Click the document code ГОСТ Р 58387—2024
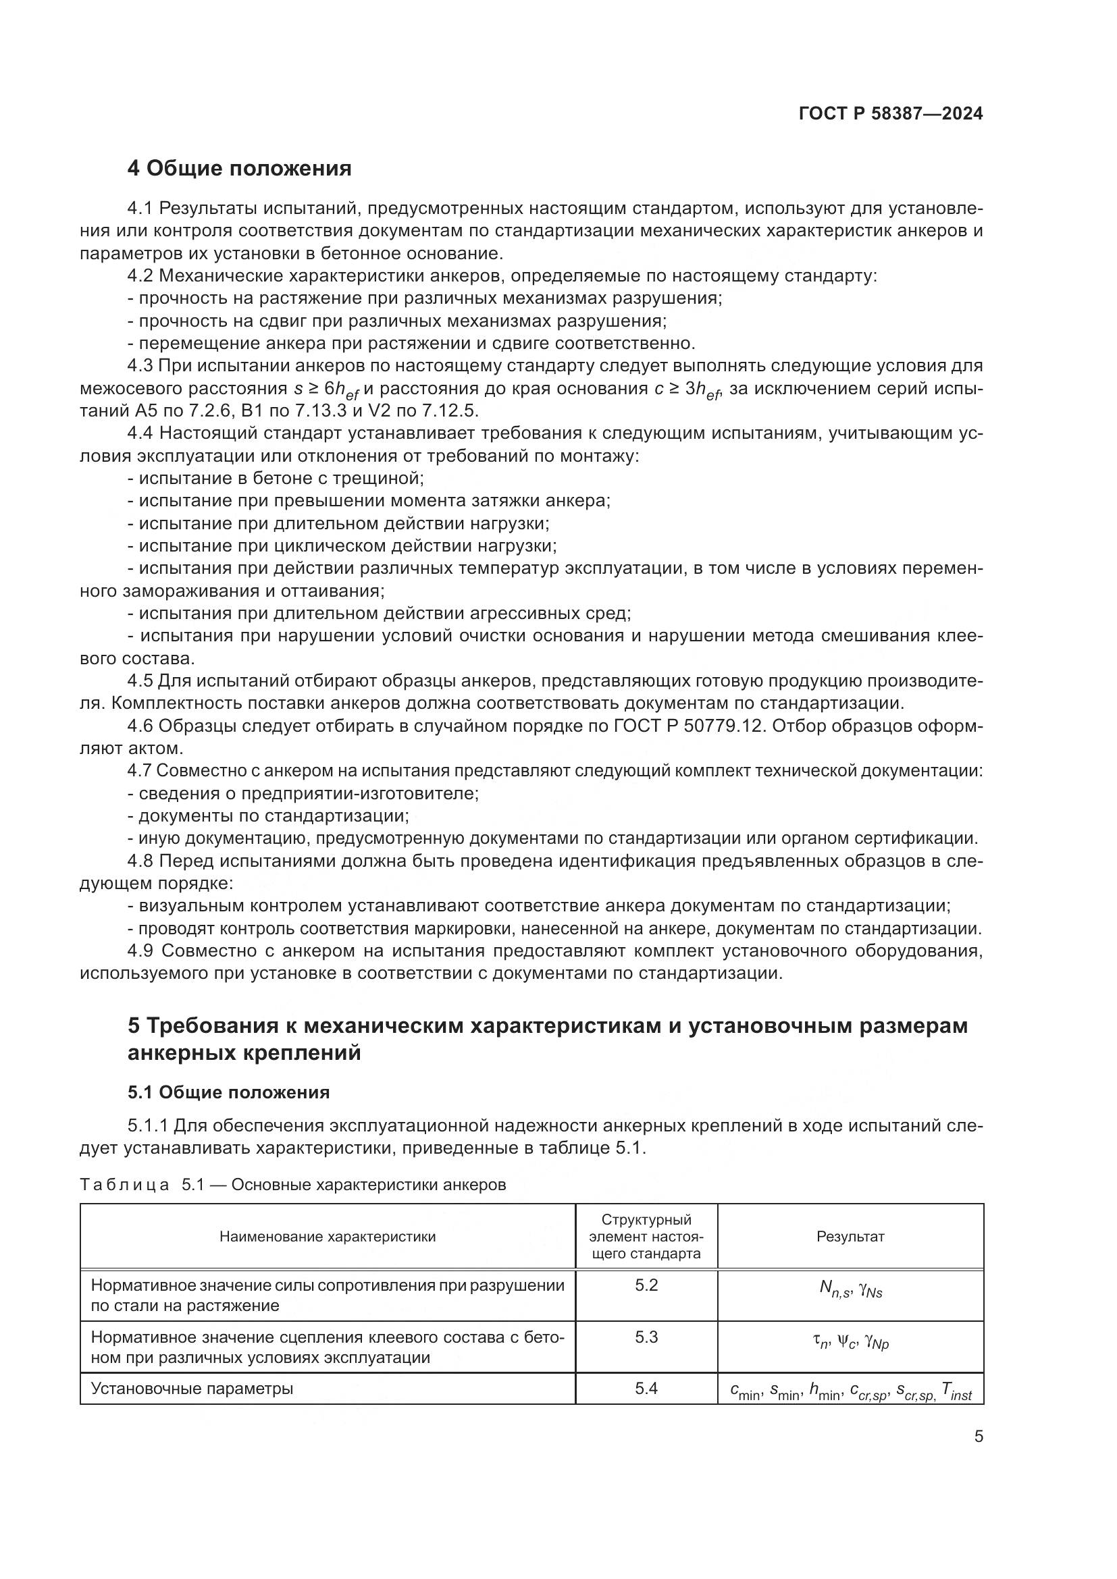click(891, 114)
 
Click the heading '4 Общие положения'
click(239, 169)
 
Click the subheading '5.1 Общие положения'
click(228, 1093)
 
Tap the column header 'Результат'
click(850, 1237)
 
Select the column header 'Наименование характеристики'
click(328, 1237)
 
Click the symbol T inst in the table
click(958, 1392)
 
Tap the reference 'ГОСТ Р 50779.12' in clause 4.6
click(688, 726)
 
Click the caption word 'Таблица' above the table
click(124, 1185)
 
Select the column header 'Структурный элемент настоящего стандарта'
click(646, 1237)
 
